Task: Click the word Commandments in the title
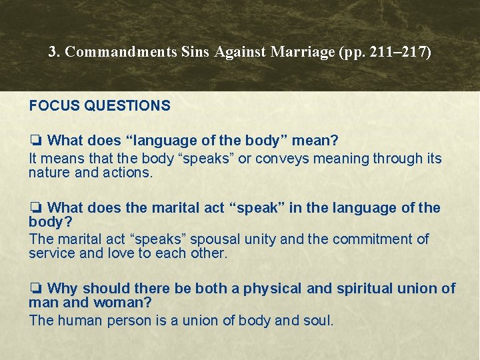pos(121,52)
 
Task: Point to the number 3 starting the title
pos(53,52)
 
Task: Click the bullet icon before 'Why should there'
pos(36,289)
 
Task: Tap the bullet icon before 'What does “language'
pos(36,141)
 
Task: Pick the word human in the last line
pos(81,320)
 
